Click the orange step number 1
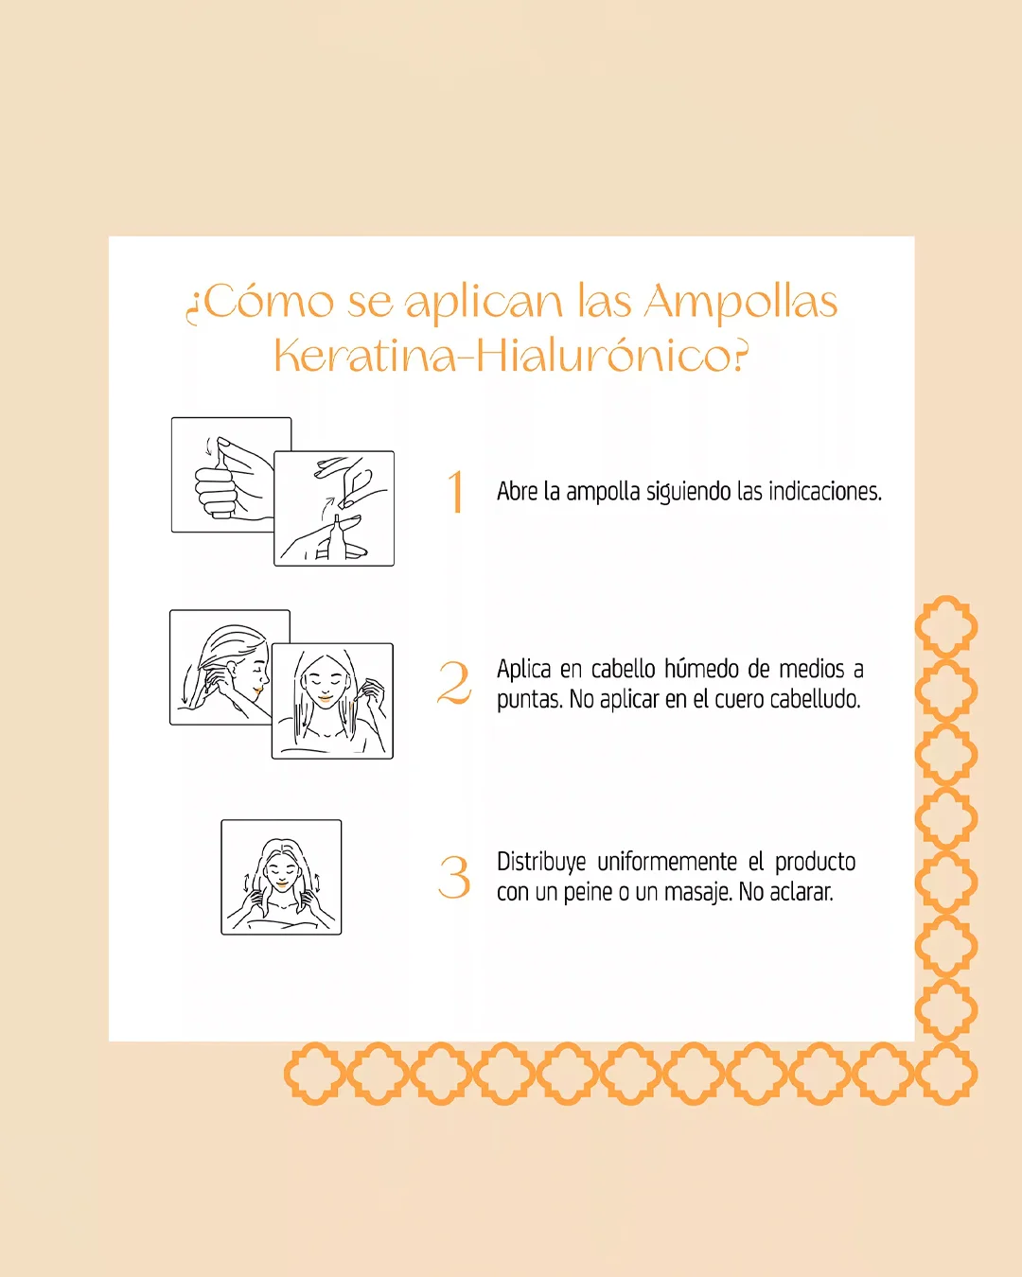(456, 491)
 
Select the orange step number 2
(454, 683)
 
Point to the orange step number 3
(454, 877)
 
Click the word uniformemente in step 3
(667, 863)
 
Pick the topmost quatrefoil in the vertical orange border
(946, 627)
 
